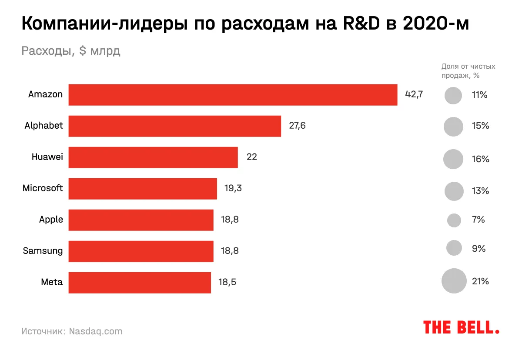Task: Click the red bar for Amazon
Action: (233, 95)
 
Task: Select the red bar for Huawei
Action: (153, 157)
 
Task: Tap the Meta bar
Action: (140, 283)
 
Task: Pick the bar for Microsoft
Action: (143, 189)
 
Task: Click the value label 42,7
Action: (414, 94)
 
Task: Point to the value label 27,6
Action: (298, 126)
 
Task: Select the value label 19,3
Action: (233, 188)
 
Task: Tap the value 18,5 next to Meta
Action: (227, 282)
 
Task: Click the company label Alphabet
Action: (43, 126)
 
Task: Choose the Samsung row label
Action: (43, 251)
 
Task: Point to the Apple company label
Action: (51, 220)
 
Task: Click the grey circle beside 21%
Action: (454, 281)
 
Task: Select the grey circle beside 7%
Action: (454, 220)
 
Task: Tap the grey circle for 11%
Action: (453, 96)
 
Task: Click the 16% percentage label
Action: (480, 159)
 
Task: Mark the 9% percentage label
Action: (478, 249)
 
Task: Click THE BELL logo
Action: (461, 327)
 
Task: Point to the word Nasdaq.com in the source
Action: (96, 331)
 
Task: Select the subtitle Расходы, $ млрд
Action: (71, 51)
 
